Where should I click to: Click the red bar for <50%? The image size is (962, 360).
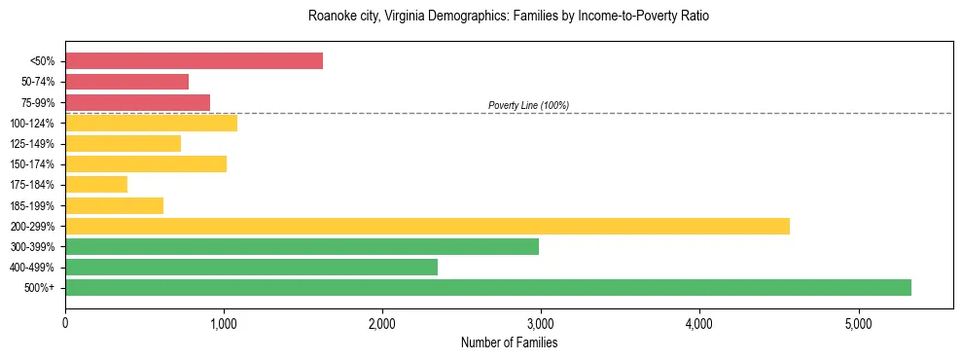194,61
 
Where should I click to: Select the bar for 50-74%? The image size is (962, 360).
126,82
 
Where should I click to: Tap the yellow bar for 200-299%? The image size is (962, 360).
427,226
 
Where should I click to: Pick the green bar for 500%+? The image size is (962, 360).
487,287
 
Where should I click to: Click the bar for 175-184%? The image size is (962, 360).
96,185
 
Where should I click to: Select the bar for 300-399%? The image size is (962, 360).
302,246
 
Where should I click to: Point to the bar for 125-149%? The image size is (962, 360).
123,143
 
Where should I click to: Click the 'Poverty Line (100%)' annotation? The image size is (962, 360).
528,105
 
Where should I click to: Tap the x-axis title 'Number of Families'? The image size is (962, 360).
509,342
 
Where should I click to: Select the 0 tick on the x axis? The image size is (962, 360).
65,324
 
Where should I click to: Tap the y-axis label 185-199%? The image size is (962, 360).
35,205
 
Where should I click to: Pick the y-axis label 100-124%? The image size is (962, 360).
35,123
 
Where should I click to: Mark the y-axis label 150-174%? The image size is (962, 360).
35,164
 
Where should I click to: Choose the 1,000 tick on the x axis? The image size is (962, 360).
224,324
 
